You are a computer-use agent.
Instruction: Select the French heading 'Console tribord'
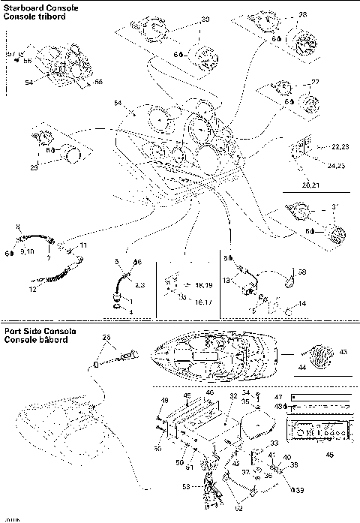(x=31, y=16)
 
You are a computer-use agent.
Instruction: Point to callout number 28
(x=302, y=14)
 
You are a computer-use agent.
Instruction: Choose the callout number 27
(x=315, y=82)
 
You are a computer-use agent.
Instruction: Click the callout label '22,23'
(x=340, y=147)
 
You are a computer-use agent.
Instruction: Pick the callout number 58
(x=303, y=272)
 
